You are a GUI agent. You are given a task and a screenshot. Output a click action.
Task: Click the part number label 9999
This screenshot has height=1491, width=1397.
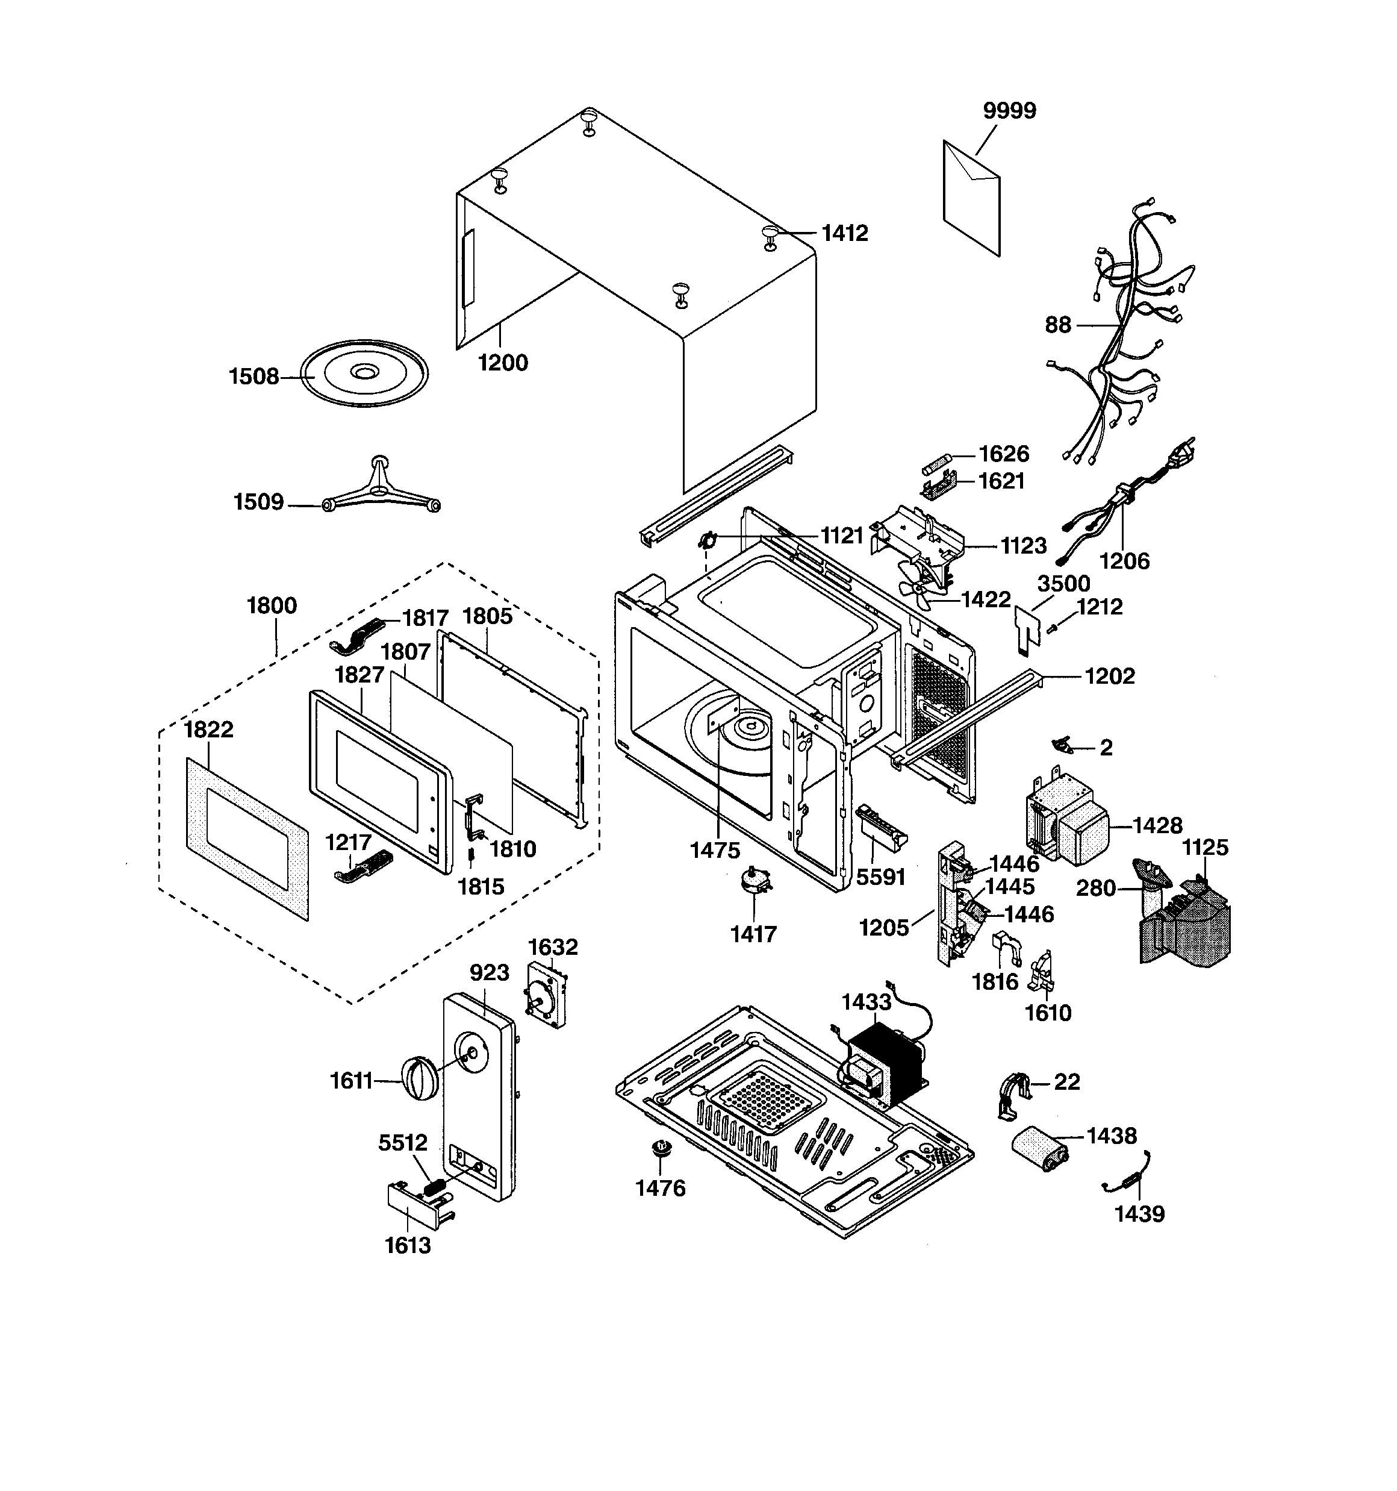[1009, 111]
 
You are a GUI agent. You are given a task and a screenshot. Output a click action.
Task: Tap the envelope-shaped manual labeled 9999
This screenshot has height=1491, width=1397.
[971, 197]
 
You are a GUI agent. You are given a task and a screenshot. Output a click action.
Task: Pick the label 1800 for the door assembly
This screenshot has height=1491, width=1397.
[272, 605]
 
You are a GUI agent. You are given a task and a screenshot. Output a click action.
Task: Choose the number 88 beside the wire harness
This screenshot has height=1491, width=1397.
[1057, 325]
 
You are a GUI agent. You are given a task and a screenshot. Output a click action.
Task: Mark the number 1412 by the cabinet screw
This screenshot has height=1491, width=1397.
[844, 233]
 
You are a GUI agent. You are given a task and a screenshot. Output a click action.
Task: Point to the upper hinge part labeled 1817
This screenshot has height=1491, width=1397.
[358, 634]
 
